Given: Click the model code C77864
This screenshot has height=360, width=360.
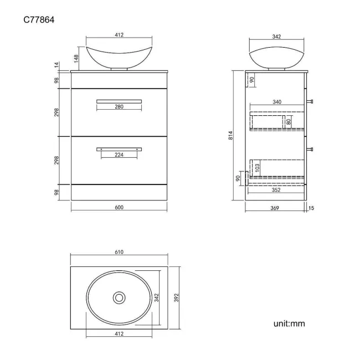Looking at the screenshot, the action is click(39, 20).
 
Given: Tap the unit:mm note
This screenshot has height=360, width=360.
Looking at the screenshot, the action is click(289, 323).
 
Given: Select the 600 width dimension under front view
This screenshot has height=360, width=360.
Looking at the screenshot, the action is click(119, 207).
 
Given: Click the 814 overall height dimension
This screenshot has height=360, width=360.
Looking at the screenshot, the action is click(231, 135).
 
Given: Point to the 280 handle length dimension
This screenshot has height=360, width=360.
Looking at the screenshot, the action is click(119, 106).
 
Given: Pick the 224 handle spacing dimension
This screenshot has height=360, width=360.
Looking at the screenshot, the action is click(119, 155).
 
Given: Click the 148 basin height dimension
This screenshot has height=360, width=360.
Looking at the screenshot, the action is click(76, 59).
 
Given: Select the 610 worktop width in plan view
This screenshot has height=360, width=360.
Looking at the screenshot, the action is click(119, 252).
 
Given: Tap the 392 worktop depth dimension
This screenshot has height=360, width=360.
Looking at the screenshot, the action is click(176, 297).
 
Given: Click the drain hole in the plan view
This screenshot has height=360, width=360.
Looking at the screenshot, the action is click(119, 298).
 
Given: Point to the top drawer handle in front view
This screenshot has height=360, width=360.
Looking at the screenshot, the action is click(119, 101).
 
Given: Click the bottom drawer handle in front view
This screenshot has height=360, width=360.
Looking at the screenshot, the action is click(119, 150).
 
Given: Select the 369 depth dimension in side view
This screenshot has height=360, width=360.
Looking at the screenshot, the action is click(275, 208).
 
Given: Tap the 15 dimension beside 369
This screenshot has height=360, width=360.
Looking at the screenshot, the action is click(311, 208).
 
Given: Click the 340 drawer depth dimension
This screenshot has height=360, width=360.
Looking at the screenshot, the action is click(277, 102).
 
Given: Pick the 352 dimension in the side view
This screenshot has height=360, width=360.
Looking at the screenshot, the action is click(276, 190).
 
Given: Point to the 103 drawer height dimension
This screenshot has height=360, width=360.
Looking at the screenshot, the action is click(257, 168).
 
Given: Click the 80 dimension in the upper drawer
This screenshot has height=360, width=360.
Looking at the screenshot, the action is click(289, 121).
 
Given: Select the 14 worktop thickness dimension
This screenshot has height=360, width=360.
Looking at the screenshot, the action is click(56, 65).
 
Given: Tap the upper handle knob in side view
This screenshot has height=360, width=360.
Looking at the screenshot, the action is click(310, 101).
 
